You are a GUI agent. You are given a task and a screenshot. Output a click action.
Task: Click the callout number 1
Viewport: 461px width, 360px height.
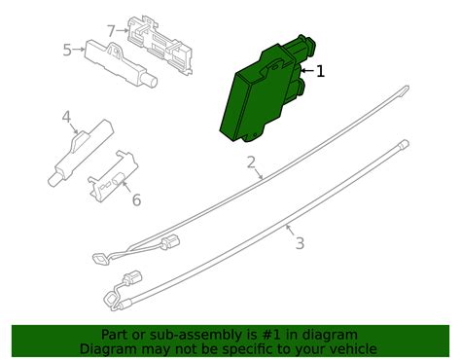320,71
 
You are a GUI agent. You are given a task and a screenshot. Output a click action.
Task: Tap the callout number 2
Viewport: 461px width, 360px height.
251,162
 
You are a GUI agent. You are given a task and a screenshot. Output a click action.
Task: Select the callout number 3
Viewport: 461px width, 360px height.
300,243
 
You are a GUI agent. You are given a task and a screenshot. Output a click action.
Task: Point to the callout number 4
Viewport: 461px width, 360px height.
66,117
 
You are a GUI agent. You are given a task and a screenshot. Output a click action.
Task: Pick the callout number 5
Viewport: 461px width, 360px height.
67,51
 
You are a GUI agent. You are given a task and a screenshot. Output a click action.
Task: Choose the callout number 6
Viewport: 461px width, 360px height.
136,199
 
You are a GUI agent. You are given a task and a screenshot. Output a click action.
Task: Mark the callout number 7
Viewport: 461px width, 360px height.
111,31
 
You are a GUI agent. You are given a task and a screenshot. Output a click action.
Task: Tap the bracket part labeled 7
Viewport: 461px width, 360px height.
160,45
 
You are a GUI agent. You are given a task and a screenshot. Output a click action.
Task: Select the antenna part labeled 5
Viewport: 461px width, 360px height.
121,63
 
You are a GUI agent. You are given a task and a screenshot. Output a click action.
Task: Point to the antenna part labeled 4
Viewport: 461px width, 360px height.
80,152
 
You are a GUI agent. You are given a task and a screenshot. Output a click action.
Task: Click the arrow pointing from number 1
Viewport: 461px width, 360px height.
307,70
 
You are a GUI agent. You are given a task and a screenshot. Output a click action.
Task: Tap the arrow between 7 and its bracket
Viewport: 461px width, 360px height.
123,30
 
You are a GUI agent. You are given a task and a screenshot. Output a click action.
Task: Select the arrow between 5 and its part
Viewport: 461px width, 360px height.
79,50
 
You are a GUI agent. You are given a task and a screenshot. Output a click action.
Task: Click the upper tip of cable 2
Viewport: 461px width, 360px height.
408,87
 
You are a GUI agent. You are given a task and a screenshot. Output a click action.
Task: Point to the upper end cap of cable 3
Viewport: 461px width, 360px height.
405,143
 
